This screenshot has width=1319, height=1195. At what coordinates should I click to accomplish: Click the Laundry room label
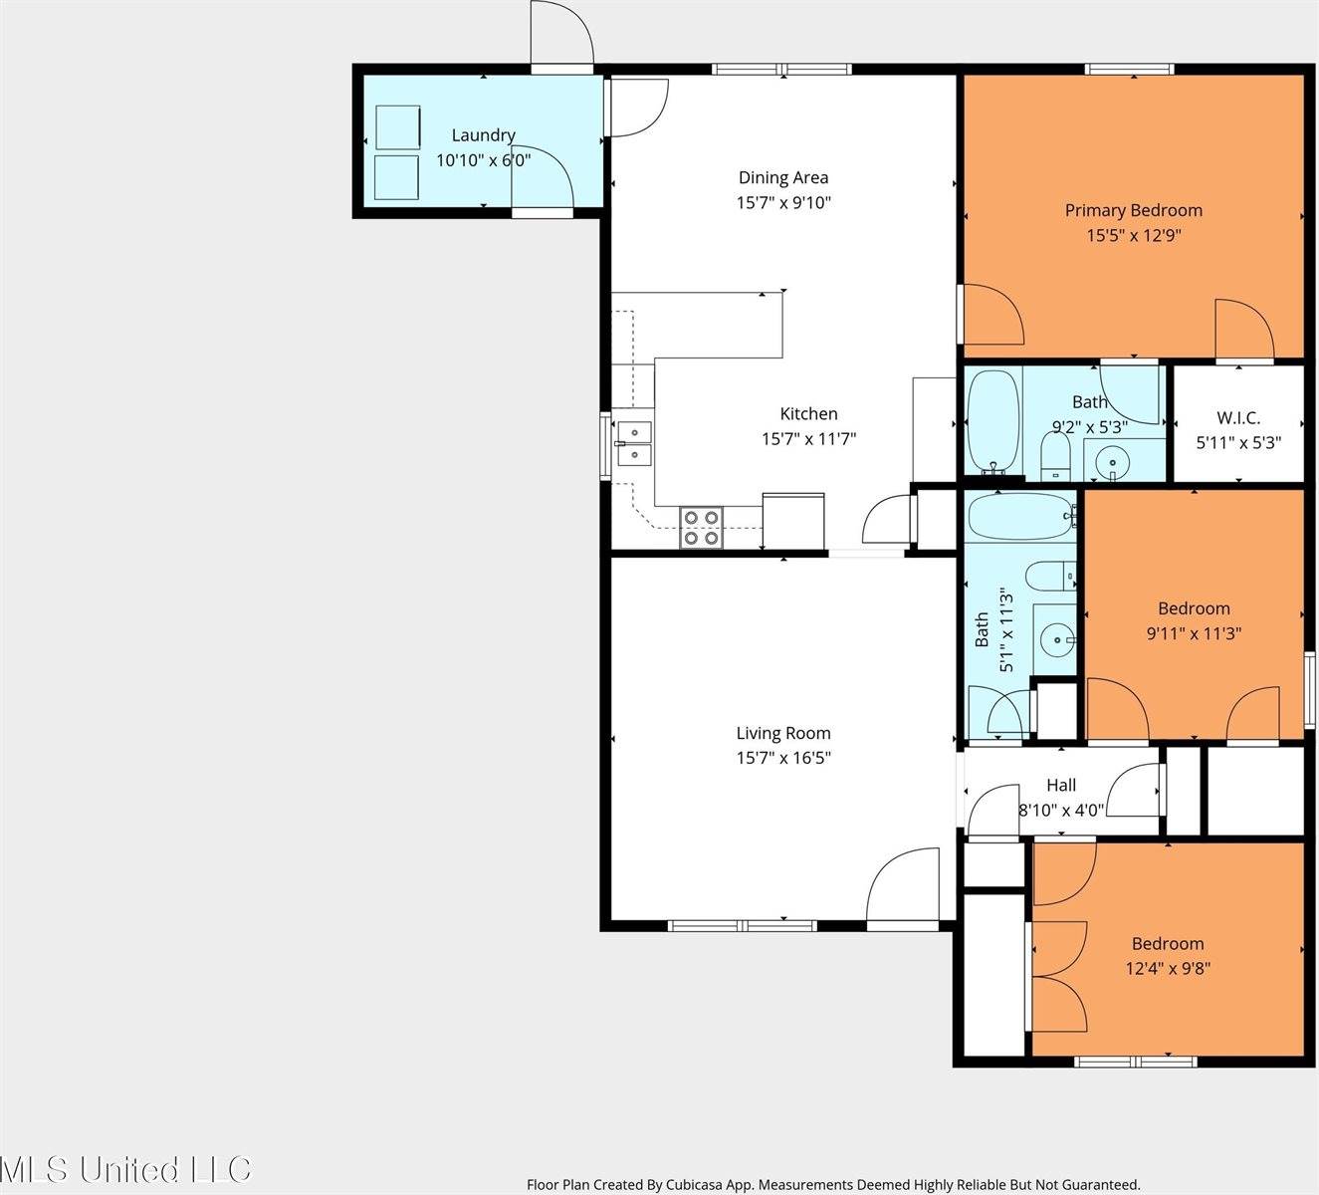(x=483, y=134)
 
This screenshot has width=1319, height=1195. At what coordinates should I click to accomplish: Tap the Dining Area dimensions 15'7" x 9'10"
(x=783, y=202)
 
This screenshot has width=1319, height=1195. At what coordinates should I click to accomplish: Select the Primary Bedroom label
(x=1134, y=210)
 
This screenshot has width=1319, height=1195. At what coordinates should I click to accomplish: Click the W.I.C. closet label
(x=1238, y=418)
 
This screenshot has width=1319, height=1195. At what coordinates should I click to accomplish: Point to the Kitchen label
(x=808, y=413)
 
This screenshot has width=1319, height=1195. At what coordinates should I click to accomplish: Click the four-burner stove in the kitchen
(x=702, y=528)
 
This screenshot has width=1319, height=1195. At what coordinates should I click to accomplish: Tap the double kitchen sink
(x=634, y=444)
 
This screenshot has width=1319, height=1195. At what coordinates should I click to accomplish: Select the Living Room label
(x=783, y=733)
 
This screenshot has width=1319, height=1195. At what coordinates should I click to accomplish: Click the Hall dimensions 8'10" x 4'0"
(x=1061, y=810)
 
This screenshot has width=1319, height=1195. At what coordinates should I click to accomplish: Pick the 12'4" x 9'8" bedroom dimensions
(x=1168, y=969)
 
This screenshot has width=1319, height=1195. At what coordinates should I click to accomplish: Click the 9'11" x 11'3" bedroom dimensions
(x=1195, y=633)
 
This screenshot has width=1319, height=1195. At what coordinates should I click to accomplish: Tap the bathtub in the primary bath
(x=993, y=422)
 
